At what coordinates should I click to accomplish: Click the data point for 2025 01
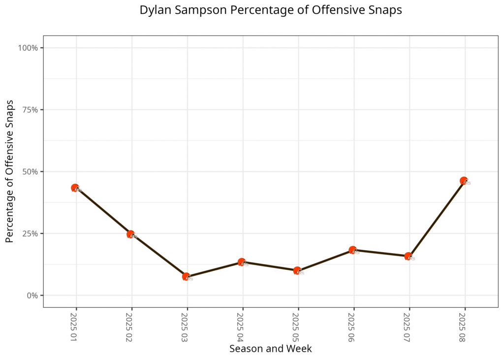(x=75, y=188)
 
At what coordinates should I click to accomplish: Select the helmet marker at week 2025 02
(x=131, y=234)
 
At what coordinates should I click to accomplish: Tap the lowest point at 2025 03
(x=186, y=277)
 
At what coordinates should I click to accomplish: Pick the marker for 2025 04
(x=242, y=262)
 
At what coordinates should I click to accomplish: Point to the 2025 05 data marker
(x=297, y=270)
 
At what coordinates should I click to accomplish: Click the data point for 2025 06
(x=353, y=250)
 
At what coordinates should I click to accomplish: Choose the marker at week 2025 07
(x=409, y=256)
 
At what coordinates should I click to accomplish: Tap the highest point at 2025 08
(x=464, y=181)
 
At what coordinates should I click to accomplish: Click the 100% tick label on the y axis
(x=29, y=48)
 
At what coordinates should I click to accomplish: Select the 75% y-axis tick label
(x=31, y=110)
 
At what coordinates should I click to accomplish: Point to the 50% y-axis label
(x=31, y=171)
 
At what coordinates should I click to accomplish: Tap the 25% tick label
(x=31, y=233)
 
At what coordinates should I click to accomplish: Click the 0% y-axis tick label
(x=32, y=295)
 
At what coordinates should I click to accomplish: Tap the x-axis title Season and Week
(x=270, y=349)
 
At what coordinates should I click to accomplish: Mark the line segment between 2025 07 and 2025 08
(x=436, y=219)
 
